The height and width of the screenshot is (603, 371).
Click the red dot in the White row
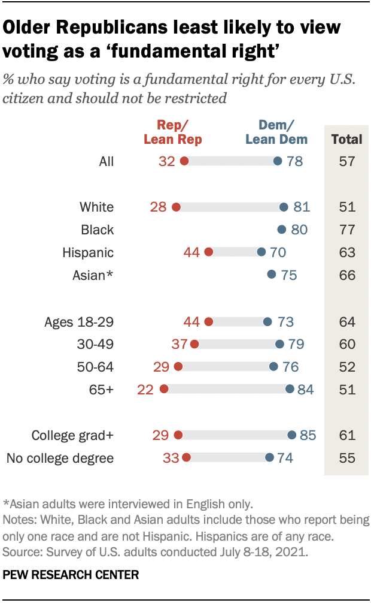(176, 207)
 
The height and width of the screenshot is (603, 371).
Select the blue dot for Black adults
(282, 230)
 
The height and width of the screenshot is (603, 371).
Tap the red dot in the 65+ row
(165, 390)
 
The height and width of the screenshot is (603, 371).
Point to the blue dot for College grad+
(291, 435)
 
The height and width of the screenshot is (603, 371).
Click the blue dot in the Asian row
(272, 275)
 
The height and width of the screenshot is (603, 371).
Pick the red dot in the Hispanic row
(208, 252)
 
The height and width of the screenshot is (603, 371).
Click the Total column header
(346, 139)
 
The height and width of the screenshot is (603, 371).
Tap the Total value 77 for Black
(346, 230)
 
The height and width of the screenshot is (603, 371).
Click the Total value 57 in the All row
(346, 161)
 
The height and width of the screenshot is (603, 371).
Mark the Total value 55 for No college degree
(346, 458)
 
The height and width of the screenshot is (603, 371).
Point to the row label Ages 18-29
(79, 321)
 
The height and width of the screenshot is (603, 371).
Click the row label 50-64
(96, 367)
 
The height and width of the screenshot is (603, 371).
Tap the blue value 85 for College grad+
(308, 435)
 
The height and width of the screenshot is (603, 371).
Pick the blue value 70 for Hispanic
(278, 252)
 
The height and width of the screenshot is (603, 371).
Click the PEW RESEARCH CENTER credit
(71, 575)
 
